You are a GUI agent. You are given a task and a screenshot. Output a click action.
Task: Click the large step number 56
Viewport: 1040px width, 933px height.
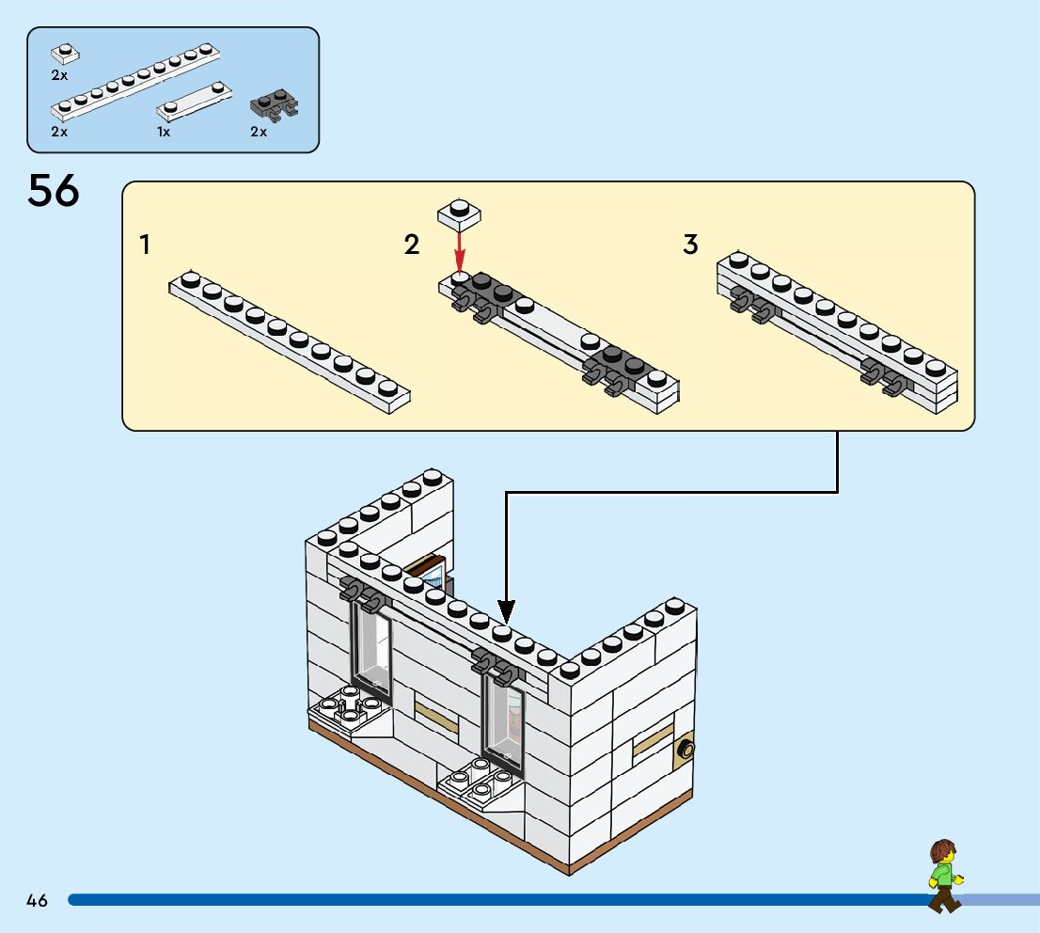pos(54,191)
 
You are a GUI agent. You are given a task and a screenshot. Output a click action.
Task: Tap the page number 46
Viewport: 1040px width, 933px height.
pos(37,900)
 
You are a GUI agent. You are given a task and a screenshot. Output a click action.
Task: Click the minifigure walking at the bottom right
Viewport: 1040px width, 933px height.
pos(942,876)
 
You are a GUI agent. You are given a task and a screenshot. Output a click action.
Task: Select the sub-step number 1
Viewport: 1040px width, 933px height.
pos(145,245)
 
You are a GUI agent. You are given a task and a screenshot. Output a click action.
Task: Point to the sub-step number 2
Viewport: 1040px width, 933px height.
pos(411,245)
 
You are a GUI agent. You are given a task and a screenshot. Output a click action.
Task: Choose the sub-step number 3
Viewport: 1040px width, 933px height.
pos(691,245)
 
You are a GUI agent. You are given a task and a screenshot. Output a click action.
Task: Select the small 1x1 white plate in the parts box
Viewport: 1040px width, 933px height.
pos(64,54)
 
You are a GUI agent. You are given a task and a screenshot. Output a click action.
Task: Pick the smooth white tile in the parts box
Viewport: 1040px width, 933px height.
pos(196,101)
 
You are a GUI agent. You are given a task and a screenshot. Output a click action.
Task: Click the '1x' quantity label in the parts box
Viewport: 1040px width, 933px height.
pos(164,133)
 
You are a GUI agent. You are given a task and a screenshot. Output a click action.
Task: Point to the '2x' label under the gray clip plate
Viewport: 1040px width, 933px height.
pos(259,133)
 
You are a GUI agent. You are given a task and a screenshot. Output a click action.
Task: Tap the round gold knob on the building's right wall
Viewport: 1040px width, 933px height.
pos(687,750)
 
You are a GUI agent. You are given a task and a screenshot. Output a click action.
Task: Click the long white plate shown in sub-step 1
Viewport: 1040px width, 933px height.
pos(290,341)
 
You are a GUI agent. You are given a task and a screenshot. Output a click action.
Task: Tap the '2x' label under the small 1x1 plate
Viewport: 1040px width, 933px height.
pos(59,74)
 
